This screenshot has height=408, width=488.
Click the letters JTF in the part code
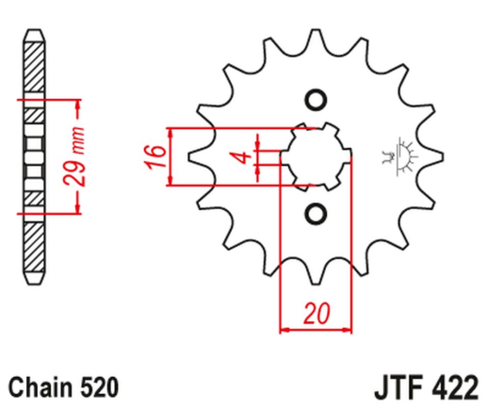393,386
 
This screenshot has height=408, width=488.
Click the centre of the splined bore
316,156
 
